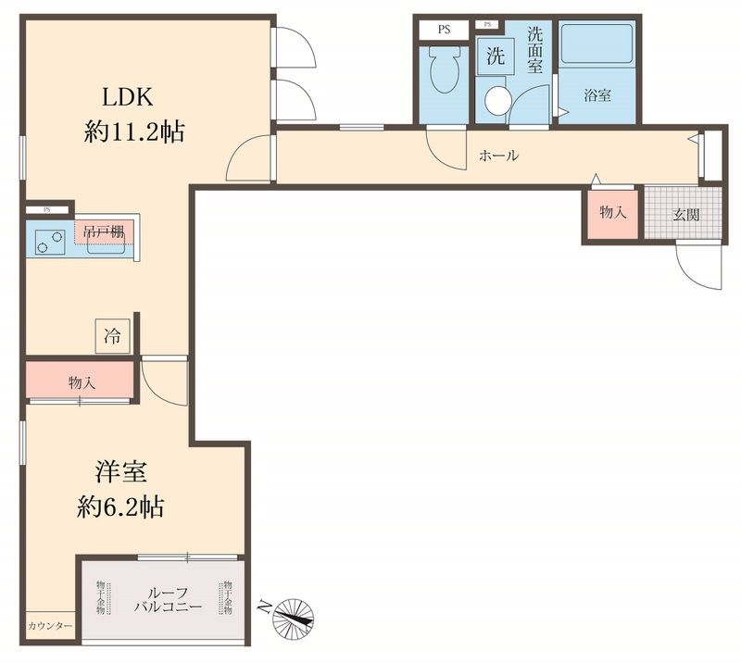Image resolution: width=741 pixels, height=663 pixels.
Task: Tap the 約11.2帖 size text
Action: (134, 132)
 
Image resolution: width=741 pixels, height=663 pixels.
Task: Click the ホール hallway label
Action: (498, 156)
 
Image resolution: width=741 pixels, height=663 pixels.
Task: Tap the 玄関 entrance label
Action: (686, 214)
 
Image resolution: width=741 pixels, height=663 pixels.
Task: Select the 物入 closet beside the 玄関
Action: (612, 212)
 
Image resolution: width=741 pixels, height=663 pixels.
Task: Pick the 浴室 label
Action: (597, 95)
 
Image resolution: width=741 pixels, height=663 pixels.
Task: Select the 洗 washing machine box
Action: (496, 55)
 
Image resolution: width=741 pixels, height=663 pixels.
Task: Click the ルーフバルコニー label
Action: (163, 599)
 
